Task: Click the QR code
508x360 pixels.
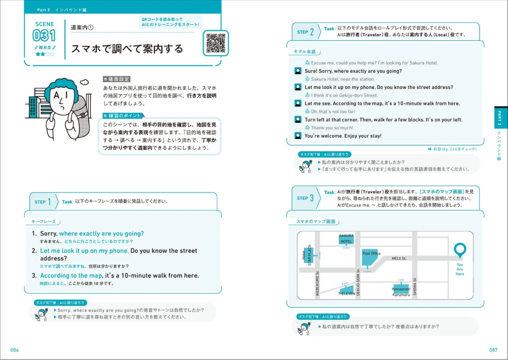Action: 216,43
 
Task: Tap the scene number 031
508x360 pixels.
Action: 44,36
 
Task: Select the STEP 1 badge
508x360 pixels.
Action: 44,202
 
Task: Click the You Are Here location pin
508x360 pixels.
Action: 460,249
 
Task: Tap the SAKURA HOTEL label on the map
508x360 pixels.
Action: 346,238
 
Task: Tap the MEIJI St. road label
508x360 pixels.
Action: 399,258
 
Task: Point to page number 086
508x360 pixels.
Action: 15,350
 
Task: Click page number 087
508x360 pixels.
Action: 493,350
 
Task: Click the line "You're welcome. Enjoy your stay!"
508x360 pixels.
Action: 343,136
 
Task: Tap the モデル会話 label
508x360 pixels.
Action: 304,52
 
